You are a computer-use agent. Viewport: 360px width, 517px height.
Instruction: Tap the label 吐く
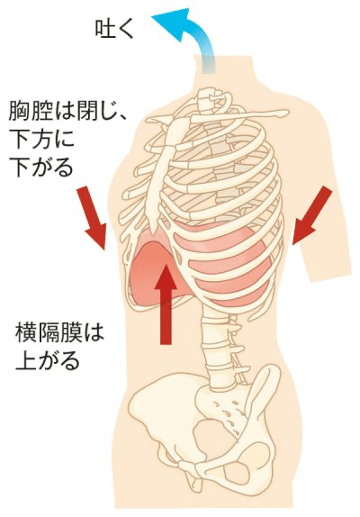point(114,29)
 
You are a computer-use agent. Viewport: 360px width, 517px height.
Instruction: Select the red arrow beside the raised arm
point(310,216)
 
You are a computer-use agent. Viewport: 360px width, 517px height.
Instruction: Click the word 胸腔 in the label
point(30,111)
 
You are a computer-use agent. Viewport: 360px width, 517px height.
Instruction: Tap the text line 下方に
point(41,139)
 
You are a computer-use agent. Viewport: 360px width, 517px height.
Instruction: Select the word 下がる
point(40,168)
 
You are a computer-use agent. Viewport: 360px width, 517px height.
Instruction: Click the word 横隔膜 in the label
point(48,332)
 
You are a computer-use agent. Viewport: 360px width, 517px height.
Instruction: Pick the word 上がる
point(48,361)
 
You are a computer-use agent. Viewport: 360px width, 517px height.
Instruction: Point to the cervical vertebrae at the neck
point(211,99)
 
